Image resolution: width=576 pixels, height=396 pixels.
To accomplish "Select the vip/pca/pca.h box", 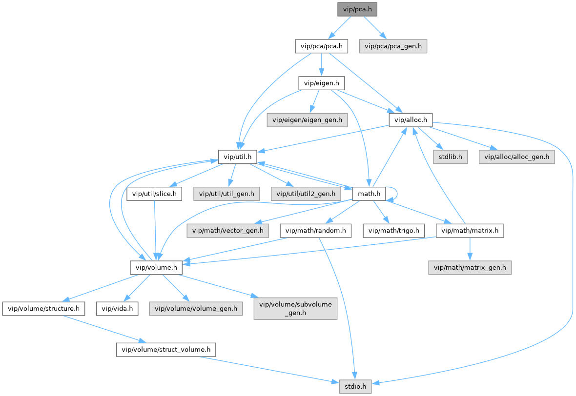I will click(x=321, y=46).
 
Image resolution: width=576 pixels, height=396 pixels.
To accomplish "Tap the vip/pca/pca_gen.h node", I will click(x=393, y=46).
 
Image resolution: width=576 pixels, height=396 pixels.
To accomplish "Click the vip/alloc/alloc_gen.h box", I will click(x=516, y=157).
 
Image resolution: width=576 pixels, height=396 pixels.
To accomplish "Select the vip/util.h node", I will click(x=237, y=157).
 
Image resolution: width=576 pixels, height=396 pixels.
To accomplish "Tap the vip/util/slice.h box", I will click(x=154, y=194).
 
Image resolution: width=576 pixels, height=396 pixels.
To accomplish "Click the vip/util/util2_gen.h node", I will click(x=306, y=194).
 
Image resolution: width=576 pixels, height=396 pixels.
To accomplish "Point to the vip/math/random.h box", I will click(x=315, y=230).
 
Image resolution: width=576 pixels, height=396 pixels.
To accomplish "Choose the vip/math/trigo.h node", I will click(x=394, y=230).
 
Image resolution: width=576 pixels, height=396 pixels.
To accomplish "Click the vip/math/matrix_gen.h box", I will click(x=470, y=267).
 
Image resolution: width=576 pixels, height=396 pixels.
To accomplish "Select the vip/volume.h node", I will click(x=156, y=267).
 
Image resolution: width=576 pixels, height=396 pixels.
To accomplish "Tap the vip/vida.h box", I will click(x=117, y=308).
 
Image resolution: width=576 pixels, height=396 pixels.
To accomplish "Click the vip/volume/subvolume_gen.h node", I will click(x=295, y=308).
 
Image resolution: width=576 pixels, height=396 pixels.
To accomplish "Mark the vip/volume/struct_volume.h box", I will click(x=165, y=350).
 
